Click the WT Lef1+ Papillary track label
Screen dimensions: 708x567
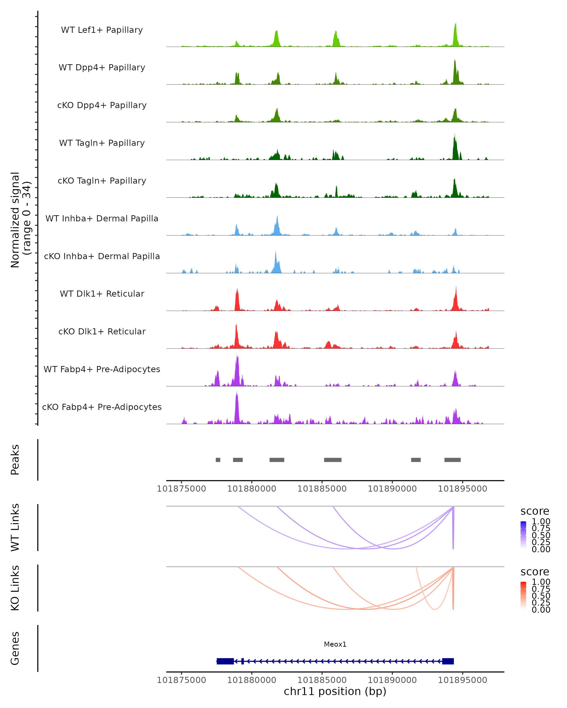click(102, 30)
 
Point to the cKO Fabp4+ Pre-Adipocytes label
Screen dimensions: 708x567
click(102, 407)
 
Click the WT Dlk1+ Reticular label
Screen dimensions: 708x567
click(102, 294)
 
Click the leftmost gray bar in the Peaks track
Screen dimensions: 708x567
click(218, 460)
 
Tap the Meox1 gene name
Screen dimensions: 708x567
click(335, 644)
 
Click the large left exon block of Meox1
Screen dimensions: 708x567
click(225, 661)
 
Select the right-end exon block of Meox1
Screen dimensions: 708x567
click(448, 661)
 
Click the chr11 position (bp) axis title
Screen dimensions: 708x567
click(335, 691)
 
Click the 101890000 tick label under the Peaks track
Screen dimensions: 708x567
click(392, 489)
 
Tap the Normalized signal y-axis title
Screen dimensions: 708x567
click(20, 220)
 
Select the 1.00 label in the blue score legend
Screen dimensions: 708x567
click(541, 522)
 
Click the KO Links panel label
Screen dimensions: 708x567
click(15, 588)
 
